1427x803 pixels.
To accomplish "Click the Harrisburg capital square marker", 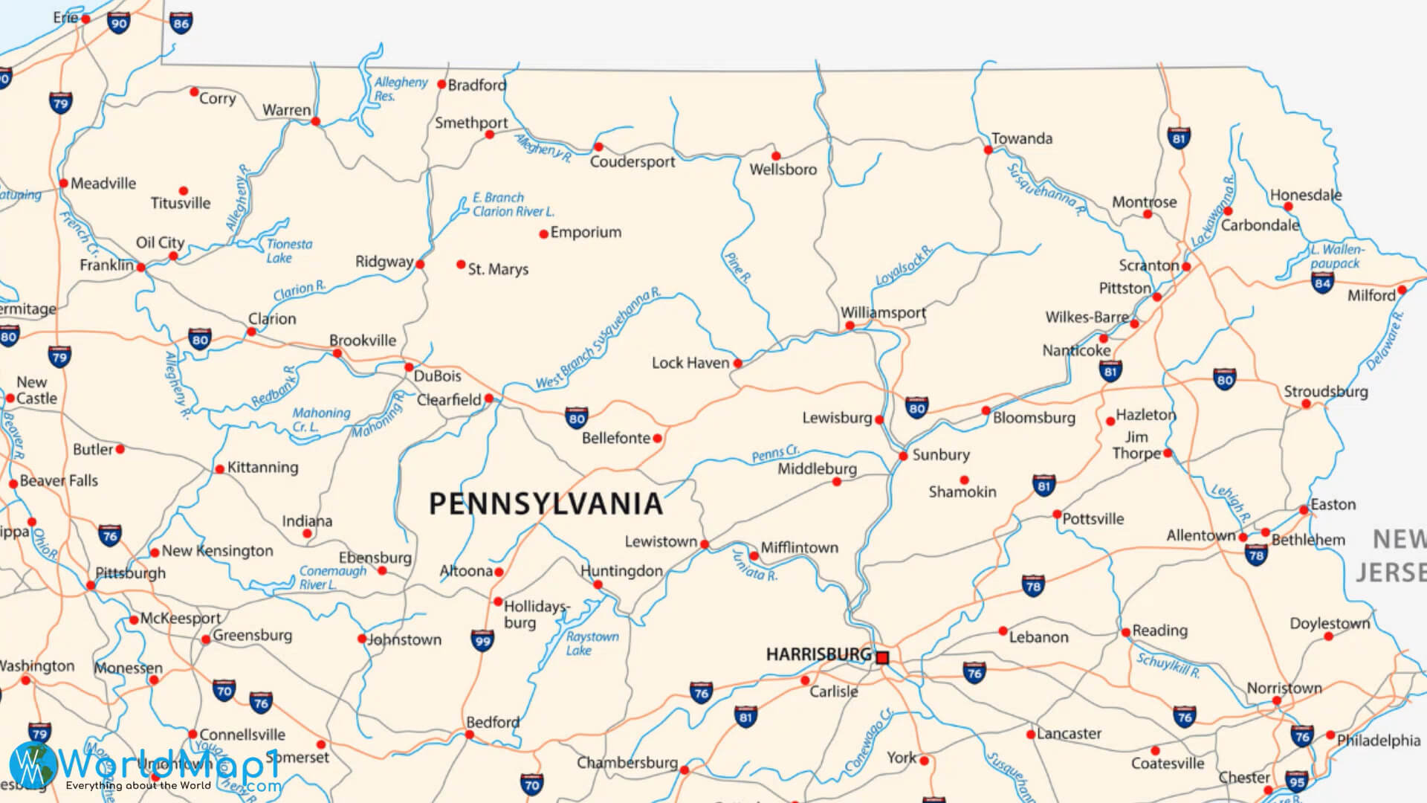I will click(x=882, y=657).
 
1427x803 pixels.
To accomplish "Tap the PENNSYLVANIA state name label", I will click(x=546, y=504).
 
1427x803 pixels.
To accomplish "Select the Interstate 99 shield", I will click(x=482, y=640).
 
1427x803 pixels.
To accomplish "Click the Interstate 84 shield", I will click(x=1322, y=283).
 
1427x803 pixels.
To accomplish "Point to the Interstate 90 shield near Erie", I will click(x=118, y=22).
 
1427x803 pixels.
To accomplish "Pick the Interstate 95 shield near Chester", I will click(x=1296, y=781).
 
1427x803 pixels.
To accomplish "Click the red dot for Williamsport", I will click(x=850, y=326).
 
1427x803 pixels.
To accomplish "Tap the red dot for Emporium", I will click(x=543, y=233).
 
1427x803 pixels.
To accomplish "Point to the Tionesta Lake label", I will click(x=289, y=251).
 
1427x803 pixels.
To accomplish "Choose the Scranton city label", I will click(x=1149, y=265).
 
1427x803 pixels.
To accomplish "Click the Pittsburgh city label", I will click(x=131, y=573).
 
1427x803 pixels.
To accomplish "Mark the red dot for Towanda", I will click(x=988, y=149).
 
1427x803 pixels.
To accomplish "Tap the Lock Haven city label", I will click(x=690, y=363).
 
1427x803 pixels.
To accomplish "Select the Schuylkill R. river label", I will click(x=1168, y=665).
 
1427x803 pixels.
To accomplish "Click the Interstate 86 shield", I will click(x=181, y=22).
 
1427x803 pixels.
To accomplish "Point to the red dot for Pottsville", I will click(x=1057, y=514).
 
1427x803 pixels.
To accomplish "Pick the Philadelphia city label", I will click(x=1378, y=740).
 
